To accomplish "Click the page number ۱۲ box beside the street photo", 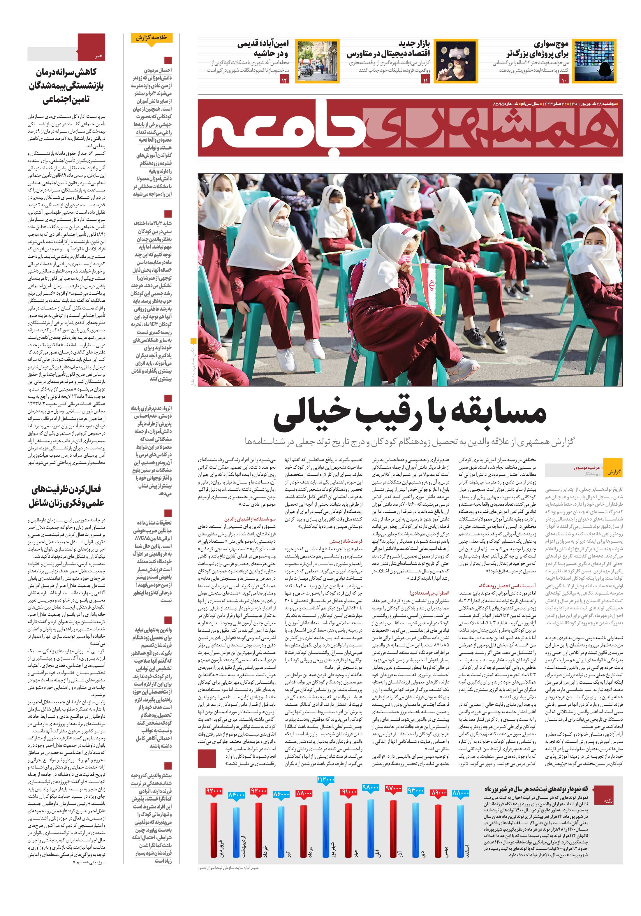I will pos(284,81).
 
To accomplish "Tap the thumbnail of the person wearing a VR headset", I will pos(455,61).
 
